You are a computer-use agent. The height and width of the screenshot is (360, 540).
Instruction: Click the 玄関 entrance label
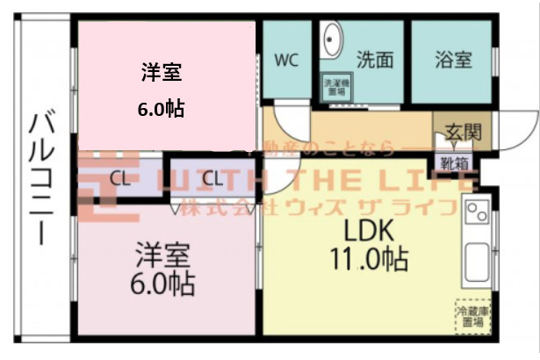[463, 133]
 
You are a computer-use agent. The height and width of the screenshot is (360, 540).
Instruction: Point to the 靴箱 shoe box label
[455, 162]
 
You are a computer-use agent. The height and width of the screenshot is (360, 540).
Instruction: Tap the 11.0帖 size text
[369, 260]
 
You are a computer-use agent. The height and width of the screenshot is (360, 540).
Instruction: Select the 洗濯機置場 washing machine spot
[335, 87]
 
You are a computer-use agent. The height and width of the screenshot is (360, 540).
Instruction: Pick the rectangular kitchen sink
[478, 261]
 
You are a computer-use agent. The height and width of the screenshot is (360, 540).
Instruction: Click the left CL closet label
[122, 178]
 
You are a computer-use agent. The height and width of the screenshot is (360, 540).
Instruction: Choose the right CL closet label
[212, 178]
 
